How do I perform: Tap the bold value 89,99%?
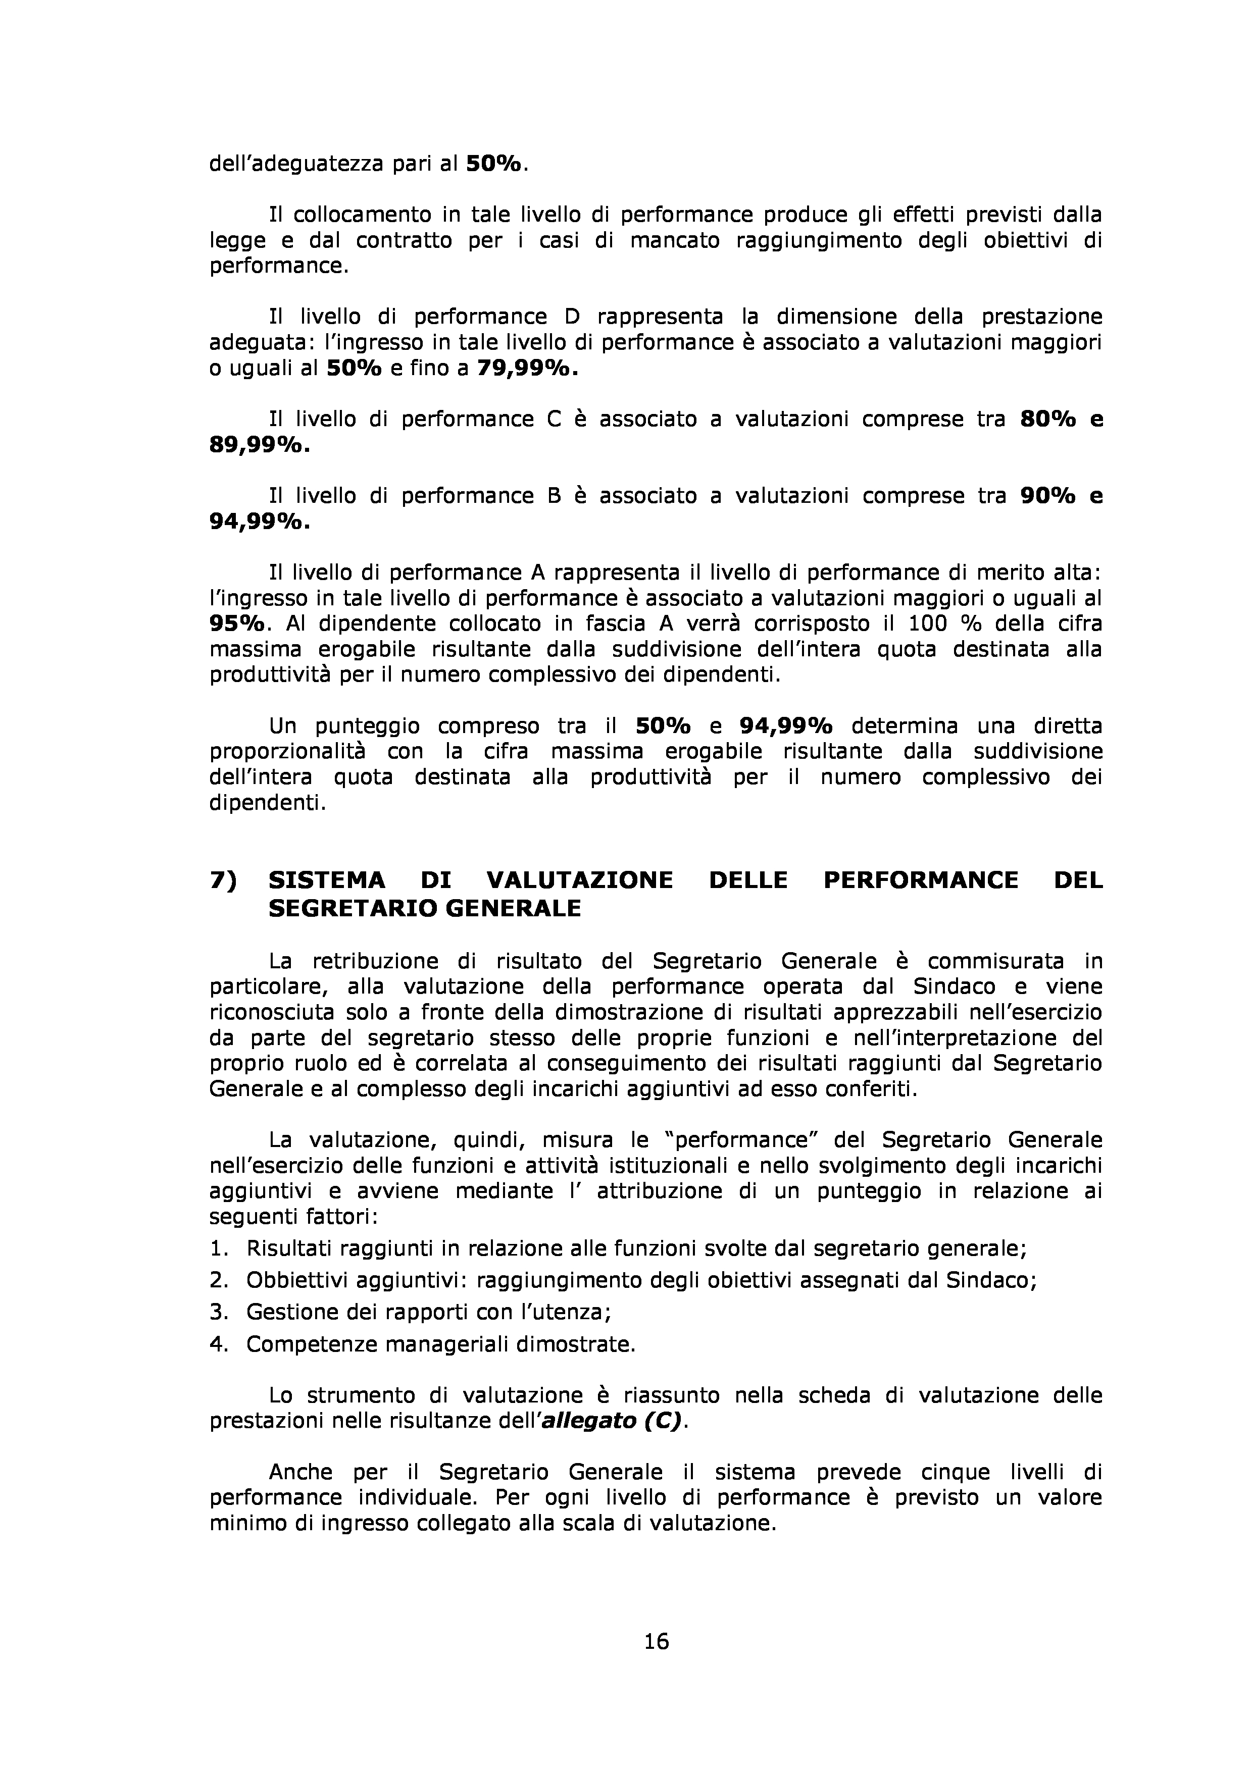259,445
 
